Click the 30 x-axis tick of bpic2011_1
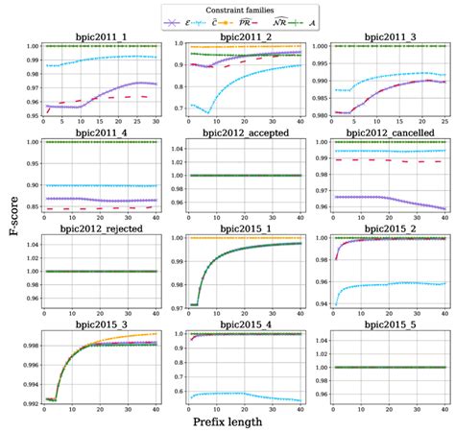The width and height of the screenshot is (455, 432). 156,126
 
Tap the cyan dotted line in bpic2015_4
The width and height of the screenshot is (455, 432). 240,393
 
